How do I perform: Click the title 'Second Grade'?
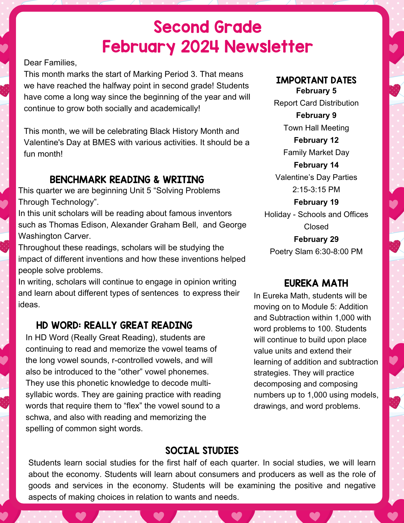click(208, 27)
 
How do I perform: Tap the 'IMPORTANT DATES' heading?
click(316, 80)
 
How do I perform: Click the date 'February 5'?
click(316, 91)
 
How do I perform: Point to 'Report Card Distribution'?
click(316, 103)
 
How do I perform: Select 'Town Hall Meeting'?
click(316, 128)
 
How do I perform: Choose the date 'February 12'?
click(316, 140)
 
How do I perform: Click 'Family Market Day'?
click(316, 152)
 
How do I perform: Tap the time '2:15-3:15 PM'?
click(316, 189)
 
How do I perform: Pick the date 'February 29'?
click(316, 239)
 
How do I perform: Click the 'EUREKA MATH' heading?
click(316, 283)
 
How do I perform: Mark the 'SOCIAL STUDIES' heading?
click(202, 451)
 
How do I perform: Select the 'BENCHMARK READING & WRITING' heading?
click(127, 180)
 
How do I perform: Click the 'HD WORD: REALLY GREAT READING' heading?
click(114, 325)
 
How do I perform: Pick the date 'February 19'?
click(316, 202)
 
